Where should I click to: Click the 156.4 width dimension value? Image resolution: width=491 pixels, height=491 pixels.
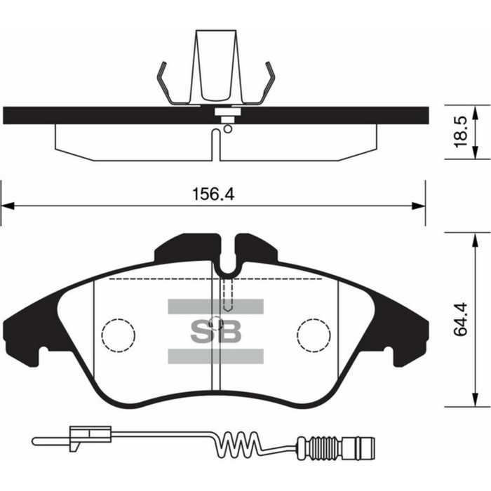(212, 195)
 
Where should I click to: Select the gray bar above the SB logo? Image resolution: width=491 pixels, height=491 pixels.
(215, 306)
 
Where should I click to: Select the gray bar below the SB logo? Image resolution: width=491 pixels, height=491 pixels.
(215, 356)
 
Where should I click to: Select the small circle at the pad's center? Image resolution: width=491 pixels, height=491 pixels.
(217, 324)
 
